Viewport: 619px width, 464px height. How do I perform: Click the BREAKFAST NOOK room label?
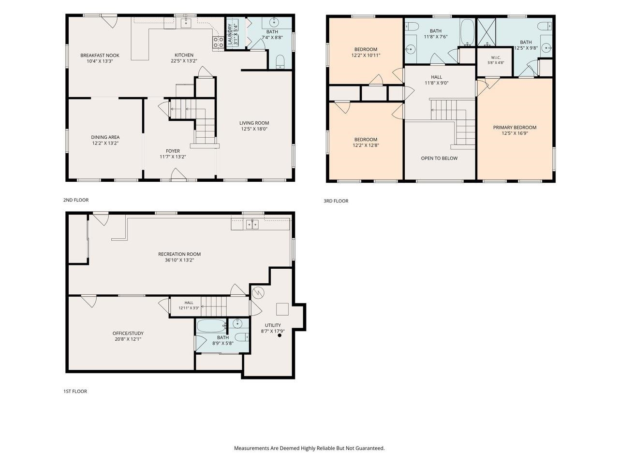click(100, 56)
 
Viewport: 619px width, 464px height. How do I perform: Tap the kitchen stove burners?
click(218, 43)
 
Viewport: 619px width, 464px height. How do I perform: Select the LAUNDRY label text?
click(230, 34)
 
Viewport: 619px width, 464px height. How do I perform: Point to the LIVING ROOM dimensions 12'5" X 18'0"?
click(254, 129)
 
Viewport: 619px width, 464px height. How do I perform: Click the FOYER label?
click(173, 151)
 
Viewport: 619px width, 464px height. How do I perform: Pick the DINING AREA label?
click(105, 137)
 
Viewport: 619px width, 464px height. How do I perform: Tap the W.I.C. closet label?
click(496, 58)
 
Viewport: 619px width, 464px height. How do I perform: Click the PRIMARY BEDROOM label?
click(515, 127)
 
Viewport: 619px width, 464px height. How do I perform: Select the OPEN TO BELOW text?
click(439, 159)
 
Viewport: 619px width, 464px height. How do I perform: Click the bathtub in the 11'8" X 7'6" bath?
click(467, 32)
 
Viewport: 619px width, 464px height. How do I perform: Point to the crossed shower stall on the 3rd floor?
click(486, 32)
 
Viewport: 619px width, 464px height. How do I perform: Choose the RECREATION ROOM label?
click(179, 254)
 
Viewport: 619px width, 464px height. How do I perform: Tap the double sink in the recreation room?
click(252, 225)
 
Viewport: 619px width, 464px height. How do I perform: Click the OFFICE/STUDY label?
click(128, 333)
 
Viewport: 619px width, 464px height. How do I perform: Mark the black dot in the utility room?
click(280, 335)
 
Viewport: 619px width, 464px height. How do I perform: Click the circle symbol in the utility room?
click(258, 293)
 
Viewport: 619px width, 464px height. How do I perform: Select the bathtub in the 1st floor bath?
click(211, 326)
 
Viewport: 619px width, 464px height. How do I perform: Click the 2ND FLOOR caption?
click(76, 200)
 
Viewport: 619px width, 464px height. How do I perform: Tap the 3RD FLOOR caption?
click(336, 201)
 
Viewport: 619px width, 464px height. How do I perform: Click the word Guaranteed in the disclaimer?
click(370, 448)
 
